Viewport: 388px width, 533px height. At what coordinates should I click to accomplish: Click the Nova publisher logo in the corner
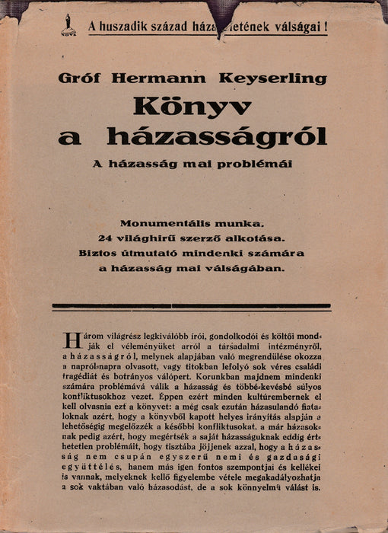click(68, 27)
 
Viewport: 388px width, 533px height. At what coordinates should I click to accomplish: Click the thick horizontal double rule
click(191, 306)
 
